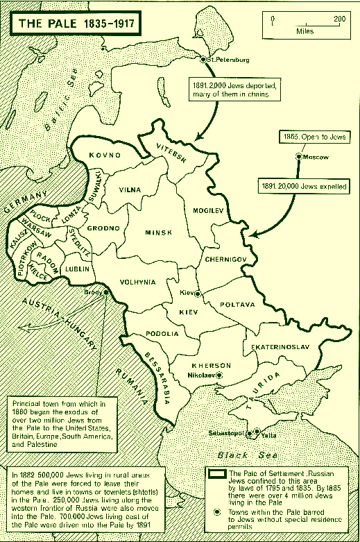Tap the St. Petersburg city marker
tap(203, 60)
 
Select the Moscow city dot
tap(298, 157)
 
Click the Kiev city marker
tap(197, 294)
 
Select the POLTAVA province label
tap(237, 304)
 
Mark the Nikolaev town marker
tap(219, 374)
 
